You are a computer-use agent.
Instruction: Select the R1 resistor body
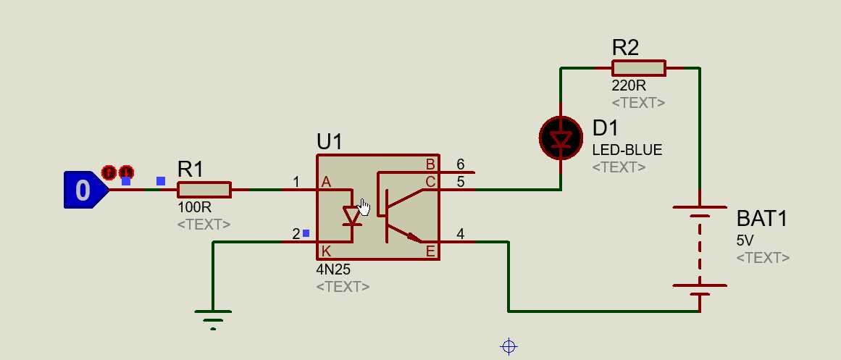click(x=204, y=190)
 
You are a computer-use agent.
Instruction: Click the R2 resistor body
click(x=638, y=68)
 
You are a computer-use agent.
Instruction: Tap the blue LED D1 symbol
click(x=561, y=138)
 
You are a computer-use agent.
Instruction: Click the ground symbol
click(x=213, y=318)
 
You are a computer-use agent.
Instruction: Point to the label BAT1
click(x=761, y=218)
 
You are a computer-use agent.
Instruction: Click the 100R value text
click(x=195, y=207)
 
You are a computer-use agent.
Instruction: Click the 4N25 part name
click(x=333, y=269)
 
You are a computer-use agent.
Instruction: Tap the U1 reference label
click(x=330, y=141)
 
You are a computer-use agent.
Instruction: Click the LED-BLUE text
click(x=627, y=150)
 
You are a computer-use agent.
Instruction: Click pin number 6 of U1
click(x=460, y=164)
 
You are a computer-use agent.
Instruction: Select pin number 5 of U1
click(x=460, y=183)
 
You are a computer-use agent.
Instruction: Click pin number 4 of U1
click(x=460, y=234)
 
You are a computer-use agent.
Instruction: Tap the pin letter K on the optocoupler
click(x=326, y=251)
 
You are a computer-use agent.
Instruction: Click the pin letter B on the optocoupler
click(x=430, y=164)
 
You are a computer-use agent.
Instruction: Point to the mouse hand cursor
click(x=364, y=208)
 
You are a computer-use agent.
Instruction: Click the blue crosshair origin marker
click(x=509, y=346)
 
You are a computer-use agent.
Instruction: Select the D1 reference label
click(x=606, y=129)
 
